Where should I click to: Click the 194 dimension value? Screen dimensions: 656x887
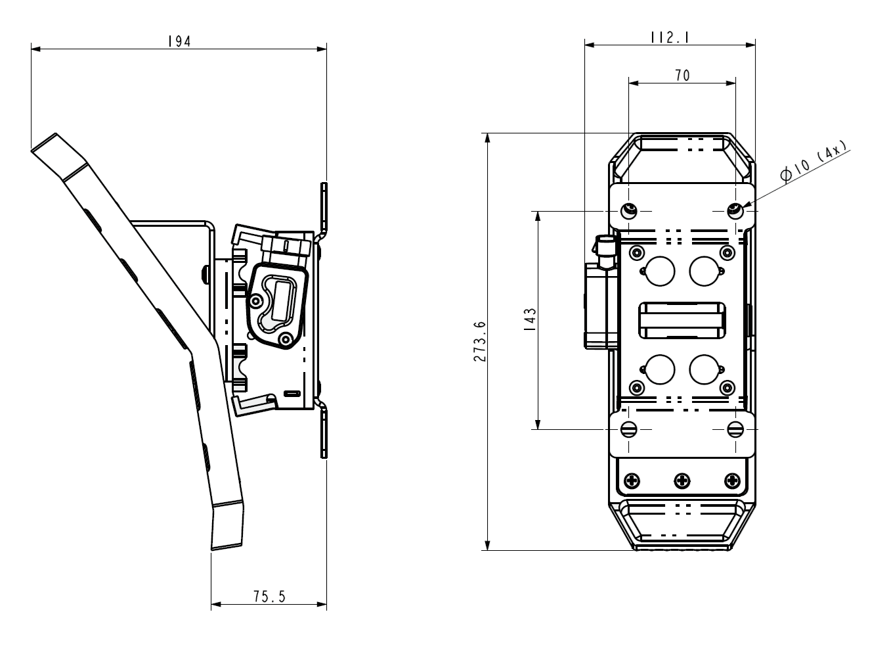pyautogui.click(x=179, y=41)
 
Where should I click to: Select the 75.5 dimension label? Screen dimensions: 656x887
pyautogui.click(x=269, y=597)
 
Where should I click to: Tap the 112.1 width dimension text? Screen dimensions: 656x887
pyautogui.click(x=670, y=37)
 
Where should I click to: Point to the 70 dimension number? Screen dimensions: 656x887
pyautogui.click(x=682, y=76)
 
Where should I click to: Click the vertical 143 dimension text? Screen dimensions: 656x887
pyautogui.click(x=530, y=320)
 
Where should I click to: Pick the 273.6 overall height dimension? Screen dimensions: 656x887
pyautogui.click(x=479, y=342)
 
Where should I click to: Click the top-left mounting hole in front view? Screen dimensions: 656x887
pyautogui.click(x=630, y=211)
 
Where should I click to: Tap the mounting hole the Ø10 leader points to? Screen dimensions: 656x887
pyautogui.click(x=735, y=211)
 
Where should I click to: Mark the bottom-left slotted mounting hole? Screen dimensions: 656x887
pyautogui.click(x=630, y=429)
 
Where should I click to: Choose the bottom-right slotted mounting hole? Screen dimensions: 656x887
pyautogui.click(x=735, y=429)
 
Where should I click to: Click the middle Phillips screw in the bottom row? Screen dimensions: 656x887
pyautogui.click(x=683, y=480)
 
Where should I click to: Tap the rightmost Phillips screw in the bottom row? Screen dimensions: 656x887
pyautogui.click(x=731, y=480)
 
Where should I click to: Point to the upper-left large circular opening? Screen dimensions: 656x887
pyautogui.click(x=659, y=270)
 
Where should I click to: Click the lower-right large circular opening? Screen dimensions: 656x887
pyautogui.click(x=704, y=369)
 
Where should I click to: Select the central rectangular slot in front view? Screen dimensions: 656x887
pyautogui.click(x=681, y=320)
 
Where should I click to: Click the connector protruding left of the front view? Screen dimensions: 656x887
pyautogui.click(x=601, y=296)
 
